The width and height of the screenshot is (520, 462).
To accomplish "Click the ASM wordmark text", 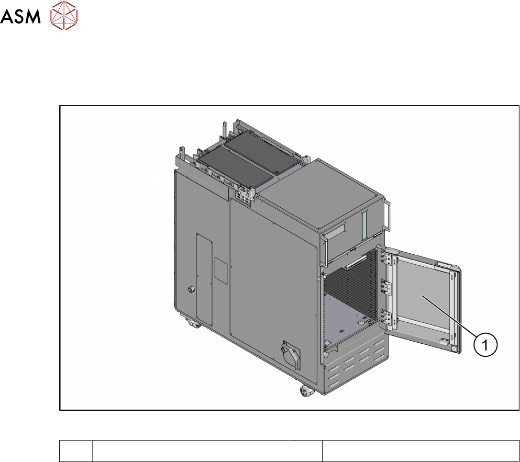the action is tap(20, 16).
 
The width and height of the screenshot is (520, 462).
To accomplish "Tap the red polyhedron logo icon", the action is tap(64, 15).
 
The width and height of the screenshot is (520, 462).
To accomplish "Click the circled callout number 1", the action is tap(485, 345).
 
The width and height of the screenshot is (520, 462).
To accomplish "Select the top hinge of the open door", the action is tap(386, 257).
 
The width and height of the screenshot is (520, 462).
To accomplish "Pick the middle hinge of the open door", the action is tap(386, 287).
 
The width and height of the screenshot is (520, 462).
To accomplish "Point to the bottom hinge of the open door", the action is tap(386, 318).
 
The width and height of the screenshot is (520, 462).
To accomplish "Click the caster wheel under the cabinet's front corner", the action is tap(306, 391).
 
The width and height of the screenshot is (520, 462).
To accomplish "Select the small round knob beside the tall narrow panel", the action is tap(191, 289).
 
